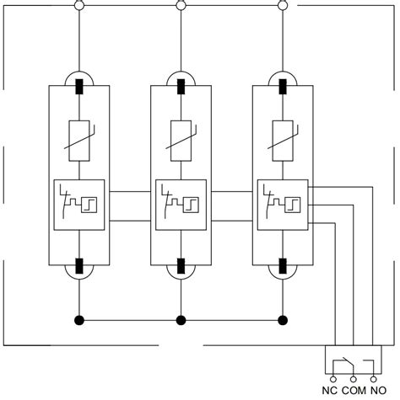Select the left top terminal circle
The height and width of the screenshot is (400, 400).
pyautogui.click(x=78, y=6)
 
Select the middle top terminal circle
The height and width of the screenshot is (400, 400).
pyautogui.click(x=181, y=6)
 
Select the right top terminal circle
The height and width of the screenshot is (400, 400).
pyautogui.click(x=283, y=6)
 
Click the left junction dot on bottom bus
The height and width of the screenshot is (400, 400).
pyautogui.click(x=78, y=320)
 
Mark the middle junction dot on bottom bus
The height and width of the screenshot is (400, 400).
pyautogui.click(x=181, y=320)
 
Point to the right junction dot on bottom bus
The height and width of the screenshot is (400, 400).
pyautogui.click(x=283, y=320)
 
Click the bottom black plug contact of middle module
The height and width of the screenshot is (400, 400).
pyautogui.click(x=181, y=266)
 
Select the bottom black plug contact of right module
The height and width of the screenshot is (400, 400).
pyautogui.click(x=283, y=266)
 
